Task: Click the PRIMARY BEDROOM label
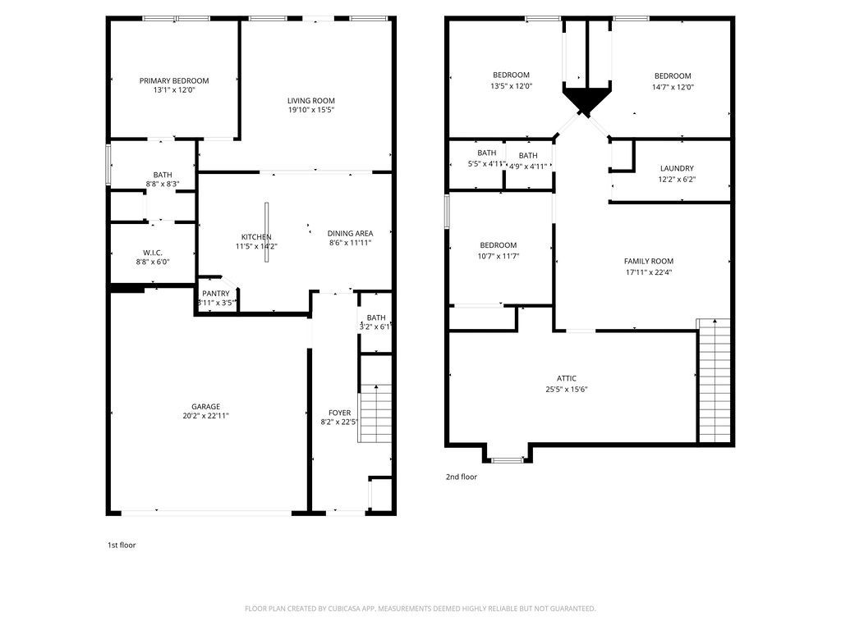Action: pos(173,80)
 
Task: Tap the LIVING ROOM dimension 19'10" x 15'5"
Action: pos(310,110)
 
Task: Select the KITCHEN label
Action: pos(255,237)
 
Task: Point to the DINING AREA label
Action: pos(350,233)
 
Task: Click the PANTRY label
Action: pos(216,293)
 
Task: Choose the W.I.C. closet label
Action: pos(152,252)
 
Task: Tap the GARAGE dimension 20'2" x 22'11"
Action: pos(205,416)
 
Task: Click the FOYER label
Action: pos(339,413)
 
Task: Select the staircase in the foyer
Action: pos(375,413)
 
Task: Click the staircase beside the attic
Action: pos(714,381)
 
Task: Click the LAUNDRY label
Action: pos(677,168)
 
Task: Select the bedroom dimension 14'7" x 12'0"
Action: pos(673,86)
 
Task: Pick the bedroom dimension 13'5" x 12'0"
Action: pos(511,85)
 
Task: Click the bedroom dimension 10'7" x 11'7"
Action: pos(498,256)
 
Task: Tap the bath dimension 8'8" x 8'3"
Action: pos(162,184)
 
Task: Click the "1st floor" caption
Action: pos(122,545)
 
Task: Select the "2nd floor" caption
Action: pos(461,477)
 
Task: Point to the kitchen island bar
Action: pos(266,232)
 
